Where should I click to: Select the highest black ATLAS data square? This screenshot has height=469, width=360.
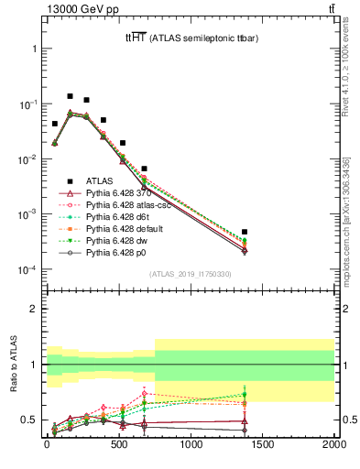tap(70, 95)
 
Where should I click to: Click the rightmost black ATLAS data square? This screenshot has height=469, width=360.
tap(245, 233)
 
